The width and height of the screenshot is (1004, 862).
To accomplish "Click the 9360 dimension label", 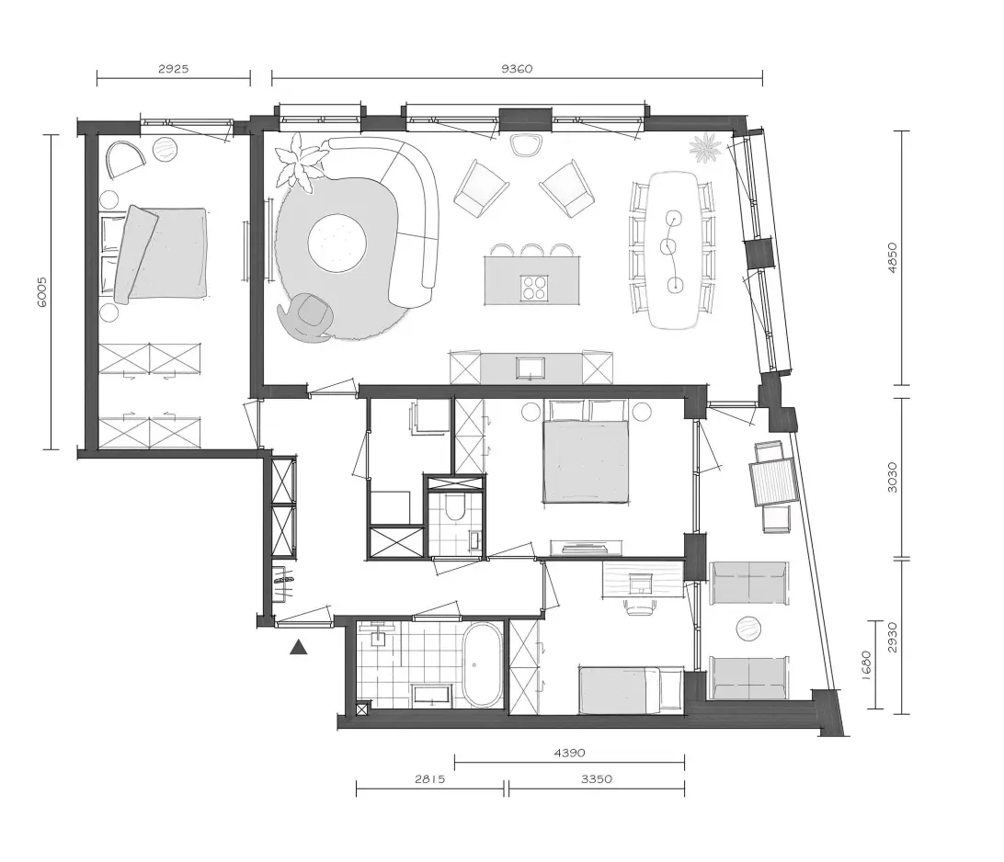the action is click(x=516, y=69).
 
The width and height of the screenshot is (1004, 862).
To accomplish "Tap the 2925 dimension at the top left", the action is click(x=174, y=69).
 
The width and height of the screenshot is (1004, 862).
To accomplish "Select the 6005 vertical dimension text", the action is click(x=41, y=292).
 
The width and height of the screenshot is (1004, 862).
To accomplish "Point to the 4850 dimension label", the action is click(x=894, y=256).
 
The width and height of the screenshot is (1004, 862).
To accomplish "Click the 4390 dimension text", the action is click(x=569, y=753).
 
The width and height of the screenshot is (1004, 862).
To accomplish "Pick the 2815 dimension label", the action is click(x=429, y=778).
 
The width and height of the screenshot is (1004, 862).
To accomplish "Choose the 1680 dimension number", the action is click(x=866, y=665).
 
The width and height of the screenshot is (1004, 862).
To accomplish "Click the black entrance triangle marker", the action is click(x=299, y=648).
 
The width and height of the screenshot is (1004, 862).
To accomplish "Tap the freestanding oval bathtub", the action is click(x=482, y=664).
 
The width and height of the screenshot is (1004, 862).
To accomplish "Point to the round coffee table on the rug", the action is click(x=337, y=243).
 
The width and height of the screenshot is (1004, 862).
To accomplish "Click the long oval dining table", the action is click(x=674, y=250).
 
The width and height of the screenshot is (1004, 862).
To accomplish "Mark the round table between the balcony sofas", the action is click(x=748, y=629).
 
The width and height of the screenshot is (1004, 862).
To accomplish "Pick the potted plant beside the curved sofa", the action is click(x=299, y=163).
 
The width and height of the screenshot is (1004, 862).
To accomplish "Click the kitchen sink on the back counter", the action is click(x=531, y=368).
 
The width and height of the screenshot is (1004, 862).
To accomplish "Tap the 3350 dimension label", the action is click(x=596, y=778).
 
